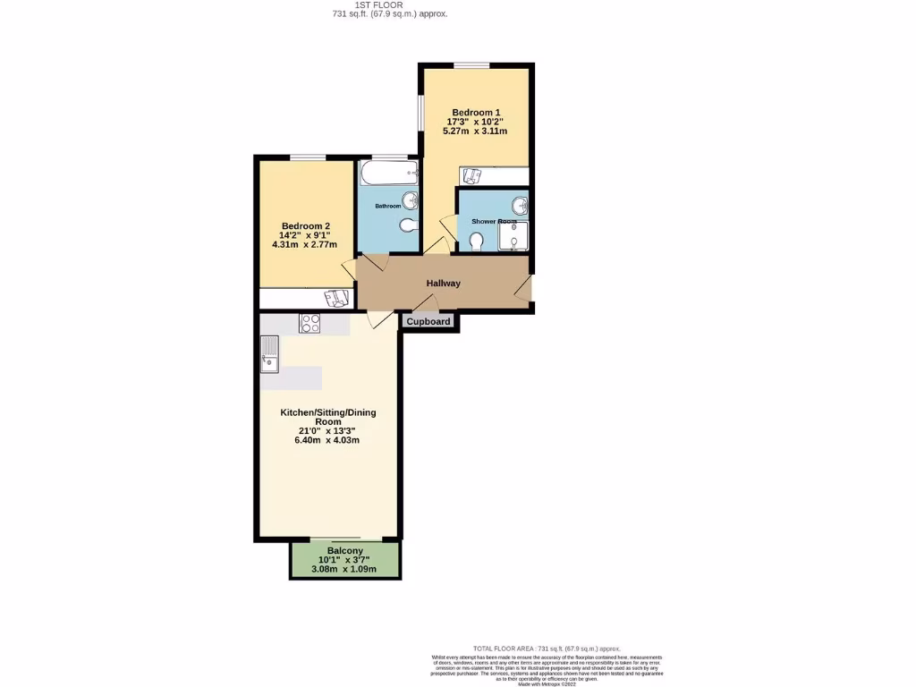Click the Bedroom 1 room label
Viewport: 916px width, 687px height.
tap(475, 112)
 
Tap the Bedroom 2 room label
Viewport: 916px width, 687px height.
tap(306, 225)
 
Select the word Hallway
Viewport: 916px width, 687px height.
tap(443, 284)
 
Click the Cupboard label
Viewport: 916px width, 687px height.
tap(429, 322)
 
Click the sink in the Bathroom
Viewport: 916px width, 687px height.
tap(410, 199)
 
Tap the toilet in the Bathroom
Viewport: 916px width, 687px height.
tap(407, 225)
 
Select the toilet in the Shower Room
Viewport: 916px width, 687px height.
tap(476, 242)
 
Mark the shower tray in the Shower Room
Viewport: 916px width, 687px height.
tap(513, 236)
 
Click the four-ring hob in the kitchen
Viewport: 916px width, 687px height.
tap(310, 324)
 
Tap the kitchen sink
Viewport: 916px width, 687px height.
tap(269, 353)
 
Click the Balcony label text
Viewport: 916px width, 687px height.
tap(344, 550)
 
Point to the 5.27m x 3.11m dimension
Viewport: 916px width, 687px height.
tap(475, 131)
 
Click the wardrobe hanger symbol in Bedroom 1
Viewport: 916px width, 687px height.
tap(473, 175)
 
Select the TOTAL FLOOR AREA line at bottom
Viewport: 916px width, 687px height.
tap(546, 649)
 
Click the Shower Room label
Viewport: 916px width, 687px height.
tap(495, 221)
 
